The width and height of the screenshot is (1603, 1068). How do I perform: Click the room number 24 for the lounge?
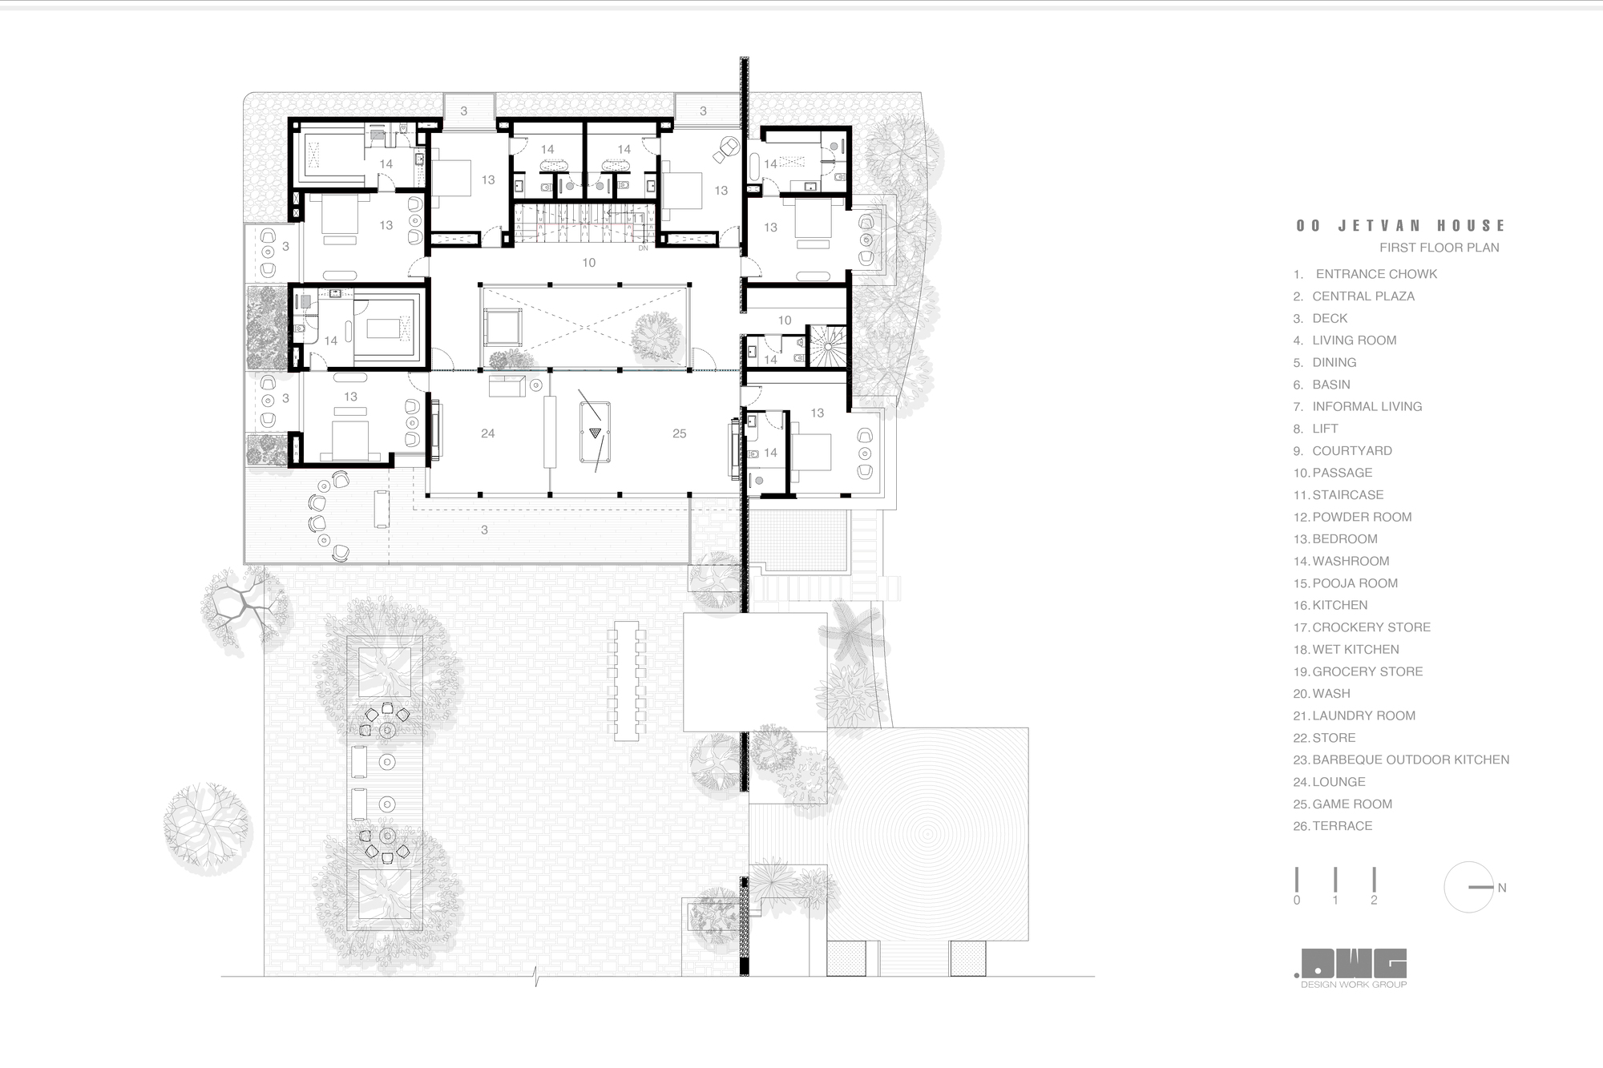click(487, 433)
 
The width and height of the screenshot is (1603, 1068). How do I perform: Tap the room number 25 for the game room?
click(679, 433)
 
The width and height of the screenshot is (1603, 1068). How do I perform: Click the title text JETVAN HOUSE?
click(1401, 226)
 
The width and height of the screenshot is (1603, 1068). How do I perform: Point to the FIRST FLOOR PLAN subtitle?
click(1439, 248)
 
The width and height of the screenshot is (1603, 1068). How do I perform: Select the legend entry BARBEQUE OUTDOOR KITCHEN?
click(1410, 760)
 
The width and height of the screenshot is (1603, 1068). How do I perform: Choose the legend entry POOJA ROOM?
click(1355, 583)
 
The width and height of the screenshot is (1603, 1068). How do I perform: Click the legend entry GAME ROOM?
click(1351, 804)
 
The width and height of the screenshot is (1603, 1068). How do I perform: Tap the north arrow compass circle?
click(1468, 887)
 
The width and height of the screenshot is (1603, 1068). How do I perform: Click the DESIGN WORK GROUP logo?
click(1354, 968)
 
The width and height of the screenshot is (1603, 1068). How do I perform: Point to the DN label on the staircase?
click(643, 248)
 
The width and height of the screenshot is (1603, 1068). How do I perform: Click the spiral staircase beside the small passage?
click(827, 345)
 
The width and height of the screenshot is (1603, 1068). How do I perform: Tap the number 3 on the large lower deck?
click(484, 530)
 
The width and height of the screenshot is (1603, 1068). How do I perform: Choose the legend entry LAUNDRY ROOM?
click(1363, 715)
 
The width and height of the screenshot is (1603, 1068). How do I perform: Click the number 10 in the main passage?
click(589, 263)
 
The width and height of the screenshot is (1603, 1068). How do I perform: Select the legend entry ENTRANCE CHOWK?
click(1375, 274)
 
